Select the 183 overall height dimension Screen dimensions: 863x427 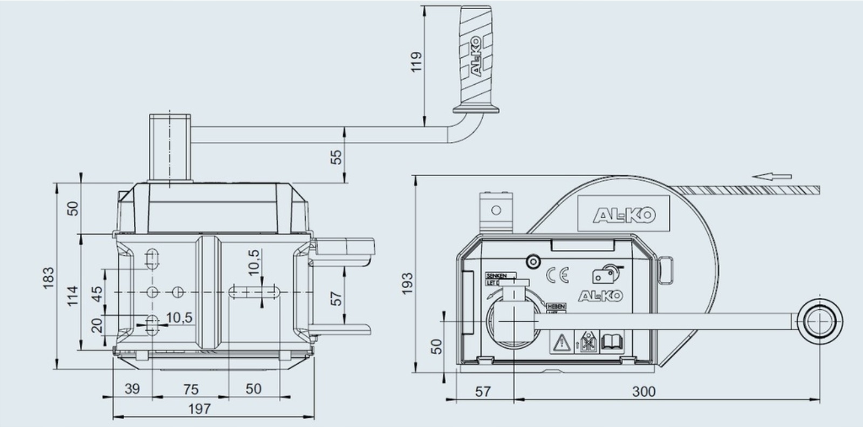(49, 277)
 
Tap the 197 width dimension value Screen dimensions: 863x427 (199, 409)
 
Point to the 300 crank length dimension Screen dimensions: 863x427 (643, 391)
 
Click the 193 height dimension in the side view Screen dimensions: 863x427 (407, 284)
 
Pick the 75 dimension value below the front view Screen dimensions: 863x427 (191, 389)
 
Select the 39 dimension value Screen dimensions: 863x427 (132, 389)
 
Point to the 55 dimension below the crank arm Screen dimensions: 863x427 (336, 157)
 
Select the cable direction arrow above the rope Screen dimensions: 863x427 (772, 176)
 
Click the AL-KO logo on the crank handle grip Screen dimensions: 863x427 (475, 63)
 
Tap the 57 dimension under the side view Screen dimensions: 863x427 (483, 391)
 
